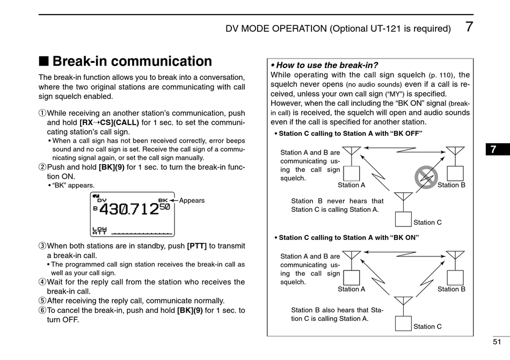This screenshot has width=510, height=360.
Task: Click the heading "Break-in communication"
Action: [132, 61]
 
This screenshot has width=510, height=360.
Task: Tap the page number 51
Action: [497, 342]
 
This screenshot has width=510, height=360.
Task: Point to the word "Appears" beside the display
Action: [192, 201]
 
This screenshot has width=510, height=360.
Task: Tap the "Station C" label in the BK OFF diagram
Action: [427, 222]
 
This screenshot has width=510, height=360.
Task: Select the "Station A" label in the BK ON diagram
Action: [351, 289]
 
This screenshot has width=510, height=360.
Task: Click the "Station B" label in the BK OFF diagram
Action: [451, 185]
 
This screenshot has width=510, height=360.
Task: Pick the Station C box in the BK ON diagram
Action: [403, 324]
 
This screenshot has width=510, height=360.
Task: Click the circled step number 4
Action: [42, 282]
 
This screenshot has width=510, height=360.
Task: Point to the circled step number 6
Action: [42, 310]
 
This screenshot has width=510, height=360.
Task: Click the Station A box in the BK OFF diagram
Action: [352, 173]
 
